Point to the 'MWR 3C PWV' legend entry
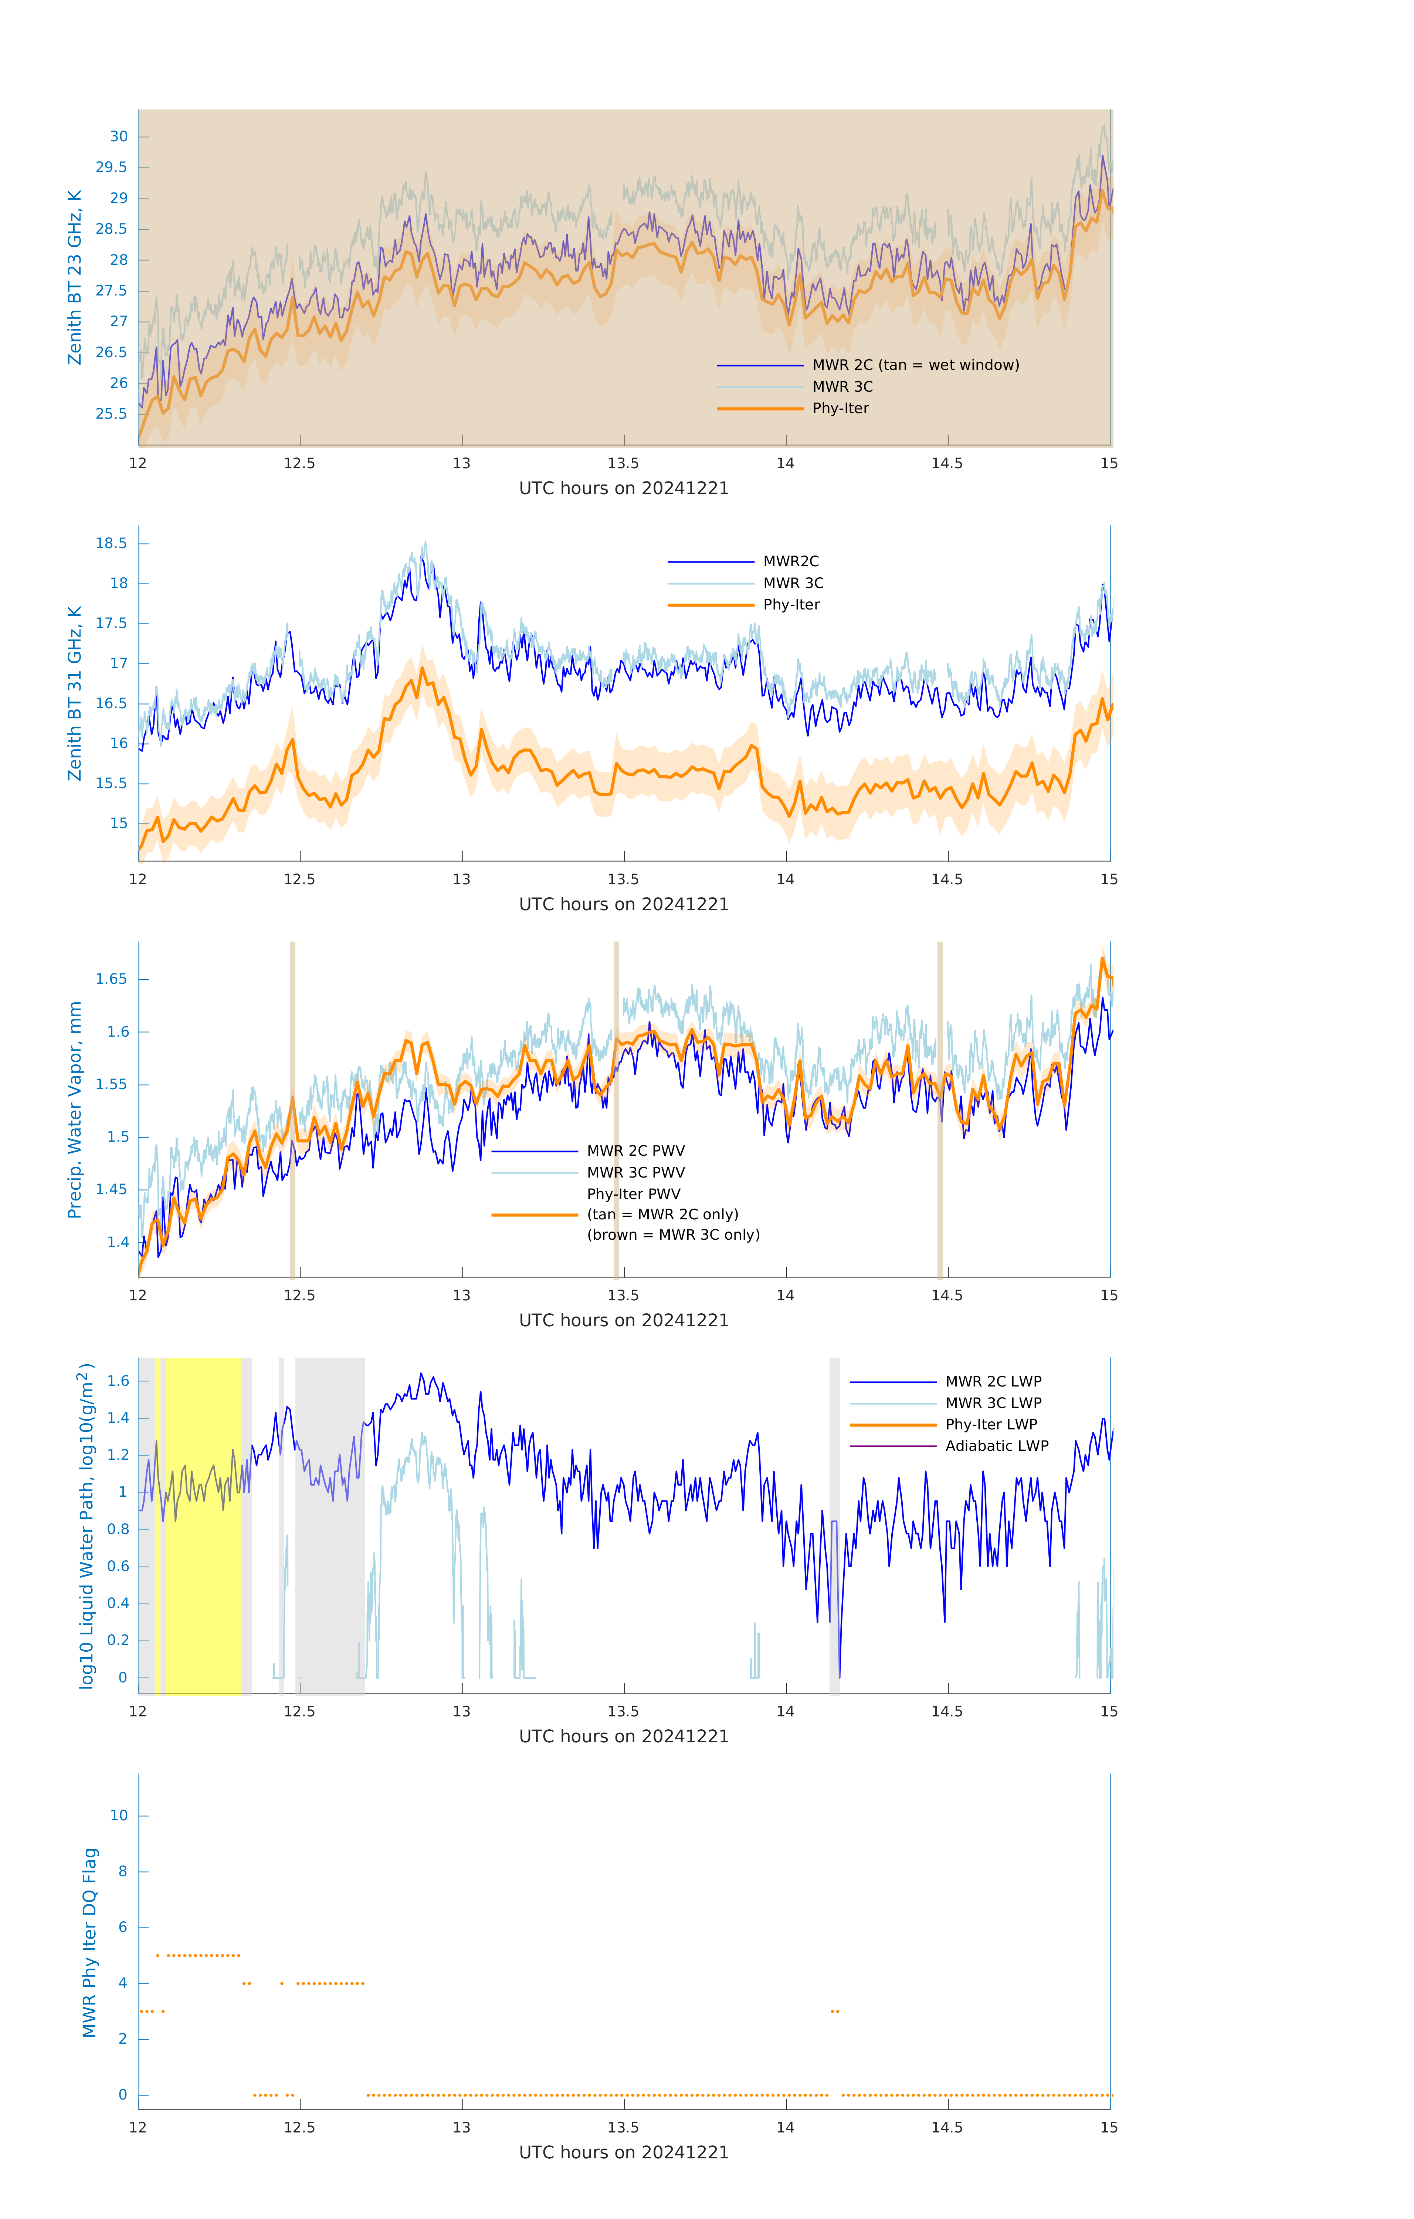tap(635, 1172)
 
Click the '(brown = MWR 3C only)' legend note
tap(674, 1235)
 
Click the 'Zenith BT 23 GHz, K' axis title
tap(75, 277)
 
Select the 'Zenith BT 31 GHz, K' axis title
tap(75, 693)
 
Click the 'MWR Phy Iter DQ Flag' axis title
tap(89, 1942)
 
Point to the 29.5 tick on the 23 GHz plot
tap(112, 167)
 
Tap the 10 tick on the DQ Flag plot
tap(119, 1816)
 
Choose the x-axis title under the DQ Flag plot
tap(624, 2153)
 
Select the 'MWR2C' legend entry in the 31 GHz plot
tap(790, 561)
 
